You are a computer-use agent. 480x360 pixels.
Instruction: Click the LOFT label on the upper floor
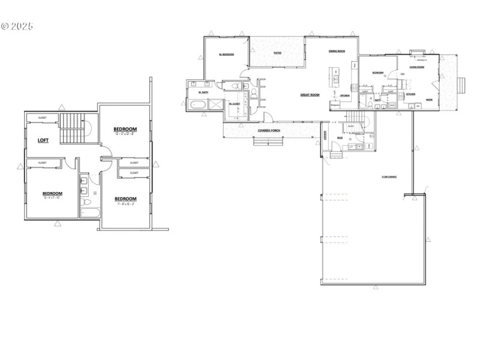tap(43, 141)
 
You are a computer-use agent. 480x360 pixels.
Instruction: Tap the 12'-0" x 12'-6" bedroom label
tap(125, 130)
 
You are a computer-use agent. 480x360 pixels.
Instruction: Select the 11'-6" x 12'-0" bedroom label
tap(125, 199)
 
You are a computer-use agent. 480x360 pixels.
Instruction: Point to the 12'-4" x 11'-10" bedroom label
tap(53, 194)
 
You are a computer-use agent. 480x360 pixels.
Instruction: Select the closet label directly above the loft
tap(43, 118)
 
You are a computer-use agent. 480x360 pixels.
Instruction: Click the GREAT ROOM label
tap(310, 95)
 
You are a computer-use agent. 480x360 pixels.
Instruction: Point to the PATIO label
tap(277, 53)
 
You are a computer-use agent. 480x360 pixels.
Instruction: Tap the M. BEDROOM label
tap(226, 55)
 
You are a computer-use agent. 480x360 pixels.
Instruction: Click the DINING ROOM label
tap(336, 52)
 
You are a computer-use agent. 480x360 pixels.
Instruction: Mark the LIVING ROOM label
tap(417, 67)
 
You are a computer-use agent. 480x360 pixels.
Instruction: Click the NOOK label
tap(429, 100)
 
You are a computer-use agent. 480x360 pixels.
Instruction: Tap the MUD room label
tap(340, 137)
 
